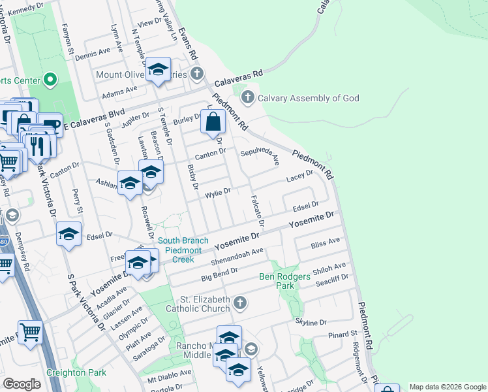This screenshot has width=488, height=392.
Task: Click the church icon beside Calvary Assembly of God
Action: coord(247,98)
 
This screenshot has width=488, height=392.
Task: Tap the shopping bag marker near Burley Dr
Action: coord(213,121)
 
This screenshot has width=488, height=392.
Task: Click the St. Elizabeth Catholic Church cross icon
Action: coord(240,302)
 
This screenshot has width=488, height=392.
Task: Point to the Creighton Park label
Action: coord(76,372)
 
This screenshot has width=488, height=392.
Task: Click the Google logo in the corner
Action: coord(22,384)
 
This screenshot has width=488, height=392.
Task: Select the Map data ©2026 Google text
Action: coord(446,387)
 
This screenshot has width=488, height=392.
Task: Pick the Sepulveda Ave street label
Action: coord(259,156)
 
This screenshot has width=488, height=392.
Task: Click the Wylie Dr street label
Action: coord(218,192)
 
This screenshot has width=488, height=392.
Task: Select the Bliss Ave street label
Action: coord(326,242)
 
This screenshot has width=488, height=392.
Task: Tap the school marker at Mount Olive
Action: coord(158,69)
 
